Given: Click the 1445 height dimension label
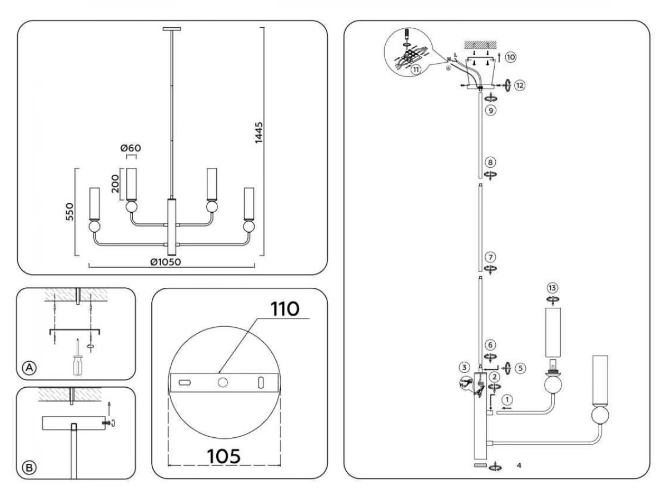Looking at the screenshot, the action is (258, 132).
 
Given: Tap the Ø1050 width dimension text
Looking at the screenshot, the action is (166, 262).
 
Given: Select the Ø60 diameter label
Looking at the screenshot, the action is (131, 148).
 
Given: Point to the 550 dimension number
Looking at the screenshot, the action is (69, 212).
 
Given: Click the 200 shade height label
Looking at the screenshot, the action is (115, 184).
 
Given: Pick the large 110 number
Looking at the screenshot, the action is (285, 309).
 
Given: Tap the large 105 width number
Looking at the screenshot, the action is (223, 456).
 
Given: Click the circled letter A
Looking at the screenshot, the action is (29, 368).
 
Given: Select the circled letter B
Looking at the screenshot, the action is (29, 468).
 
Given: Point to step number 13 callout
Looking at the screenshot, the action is (552, 287).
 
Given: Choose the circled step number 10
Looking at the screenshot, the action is (511, 57).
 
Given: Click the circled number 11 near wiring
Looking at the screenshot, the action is (416, 70).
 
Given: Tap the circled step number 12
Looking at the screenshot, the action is (520, 86).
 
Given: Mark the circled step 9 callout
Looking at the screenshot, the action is (491, 110).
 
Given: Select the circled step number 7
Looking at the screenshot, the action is (490, 257).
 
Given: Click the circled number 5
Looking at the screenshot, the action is (520, 368).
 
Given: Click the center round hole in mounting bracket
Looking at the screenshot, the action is (223, 383).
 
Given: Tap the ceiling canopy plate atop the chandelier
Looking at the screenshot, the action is (172, 29).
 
